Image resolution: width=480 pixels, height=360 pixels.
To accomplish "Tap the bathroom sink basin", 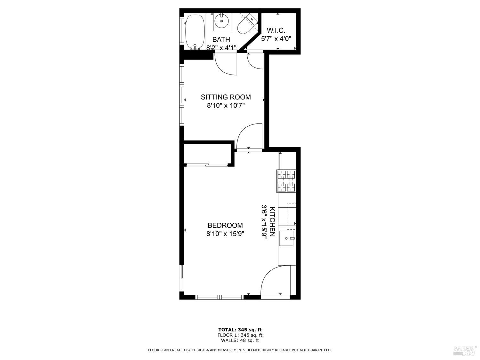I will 221,21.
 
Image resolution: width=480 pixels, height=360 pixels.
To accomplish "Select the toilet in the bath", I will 247,24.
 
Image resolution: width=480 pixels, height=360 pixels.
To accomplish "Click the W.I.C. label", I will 276,31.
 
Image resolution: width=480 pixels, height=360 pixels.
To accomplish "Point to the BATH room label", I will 221,40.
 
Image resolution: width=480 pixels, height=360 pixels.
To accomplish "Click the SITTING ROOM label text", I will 226,97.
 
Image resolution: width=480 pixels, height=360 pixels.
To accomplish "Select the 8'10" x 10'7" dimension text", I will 226,105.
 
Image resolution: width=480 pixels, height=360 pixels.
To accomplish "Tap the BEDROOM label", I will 225,225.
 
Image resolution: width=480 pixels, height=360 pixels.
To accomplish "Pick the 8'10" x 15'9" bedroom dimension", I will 225,234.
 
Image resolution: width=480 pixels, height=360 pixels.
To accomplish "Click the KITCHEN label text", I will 272,221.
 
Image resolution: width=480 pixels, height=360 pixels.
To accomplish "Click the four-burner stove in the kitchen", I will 286,181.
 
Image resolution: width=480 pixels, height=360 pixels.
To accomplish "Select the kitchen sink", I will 287,238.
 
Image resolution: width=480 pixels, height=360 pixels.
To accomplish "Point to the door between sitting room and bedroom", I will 250,137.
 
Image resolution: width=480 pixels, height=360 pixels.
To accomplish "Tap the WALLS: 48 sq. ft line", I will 240,340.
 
